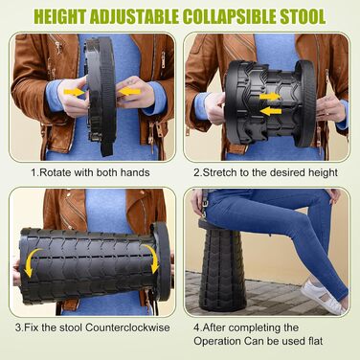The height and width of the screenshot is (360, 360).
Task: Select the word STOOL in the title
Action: [x=303, y=16]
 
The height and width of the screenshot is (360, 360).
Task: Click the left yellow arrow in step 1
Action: [x=75, y=93]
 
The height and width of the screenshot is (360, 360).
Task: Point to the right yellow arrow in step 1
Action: [x=128, y=92]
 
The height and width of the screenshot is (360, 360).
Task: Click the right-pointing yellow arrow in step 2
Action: [x=270, y=97]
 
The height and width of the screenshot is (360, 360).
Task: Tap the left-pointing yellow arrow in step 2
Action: [x=271, y=111]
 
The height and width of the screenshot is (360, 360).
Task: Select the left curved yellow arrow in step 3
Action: [x=32, y=261]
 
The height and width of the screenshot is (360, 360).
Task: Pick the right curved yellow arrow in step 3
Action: [x=151, y=259]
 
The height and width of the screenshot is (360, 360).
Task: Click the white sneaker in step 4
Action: [x=322, y=297]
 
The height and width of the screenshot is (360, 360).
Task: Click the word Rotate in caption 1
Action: [x=56, y=172]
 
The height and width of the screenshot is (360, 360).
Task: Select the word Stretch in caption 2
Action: [x=220, y=172]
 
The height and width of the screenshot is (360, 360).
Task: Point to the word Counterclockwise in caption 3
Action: [x=127, y=327]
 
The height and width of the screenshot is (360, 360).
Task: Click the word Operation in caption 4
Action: [x=217, y=341]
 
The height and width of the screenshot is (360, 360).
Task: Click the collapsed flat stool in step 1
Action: [x=101, y=96]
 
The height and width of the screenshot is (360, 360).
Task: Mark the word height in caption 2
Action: [x=323, y=172]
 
